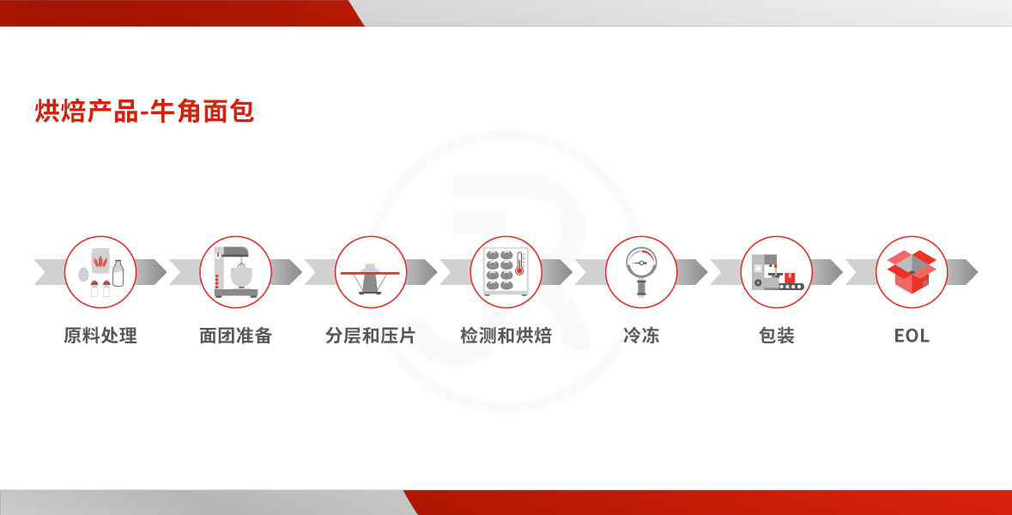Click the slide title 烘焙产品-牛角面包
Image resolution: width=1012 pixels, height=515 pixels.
(144, 111)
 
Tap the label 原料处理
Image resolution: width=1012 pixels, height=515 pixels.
(100, 336)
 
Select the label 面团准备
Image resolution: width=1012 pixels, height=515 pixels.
(235, 336)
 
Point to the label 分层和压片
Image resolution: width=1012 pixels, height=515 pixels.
(371, 336)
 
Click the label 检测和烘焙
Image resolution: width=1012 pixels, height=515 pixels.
(506, 336)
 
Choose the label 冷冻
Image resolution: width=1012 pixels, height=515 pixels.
(641, 336)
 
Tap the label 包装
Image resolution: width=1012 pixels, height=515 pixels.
(777, 336)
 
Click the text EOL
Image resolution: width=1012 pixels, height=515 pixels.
(912, 336)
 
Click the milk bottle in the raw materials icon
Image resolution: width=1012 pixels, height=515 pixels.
(118, 273)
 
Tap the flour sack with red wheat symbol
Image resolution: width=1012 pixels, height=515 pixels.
(100, 261)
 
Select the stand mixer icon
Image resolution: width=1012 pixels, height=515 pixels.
(235, 272)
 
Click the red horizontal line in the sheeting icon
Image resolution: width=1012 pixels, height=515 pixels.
(371, 274)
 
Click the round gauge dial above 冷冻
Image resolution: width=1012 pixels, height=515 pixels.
(641, 263)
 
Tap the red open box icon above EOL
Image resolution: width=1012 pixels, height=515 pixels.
(912, 272)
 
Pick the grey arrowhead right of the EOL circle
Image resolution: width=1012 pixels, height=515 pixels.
(963, 272)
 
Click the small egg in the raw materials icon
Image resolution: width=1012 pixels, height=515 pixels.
(83, 275)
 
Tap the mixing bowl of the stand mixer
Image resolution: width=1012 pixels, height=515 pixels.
(240, 276)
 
